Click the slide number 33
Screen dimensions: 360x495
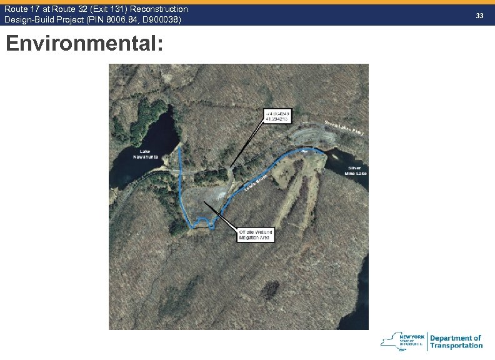(x=479, y=14)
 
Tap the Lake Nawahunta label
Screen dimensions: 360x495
(x=145, y=154)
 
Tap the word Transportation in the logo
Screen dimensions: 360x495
(x=456, y=346)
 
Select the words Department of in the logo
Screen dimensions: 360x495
(x=456, y=338)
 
